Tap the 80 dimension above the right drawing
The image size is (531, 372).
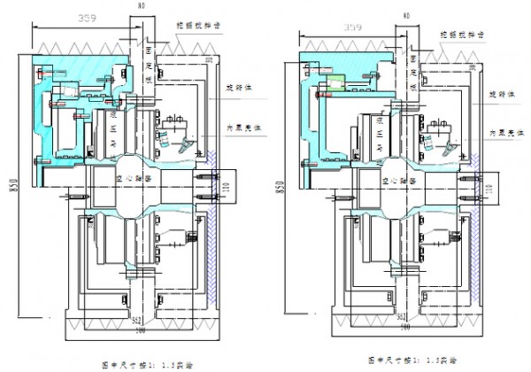[x=405, y=16]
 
